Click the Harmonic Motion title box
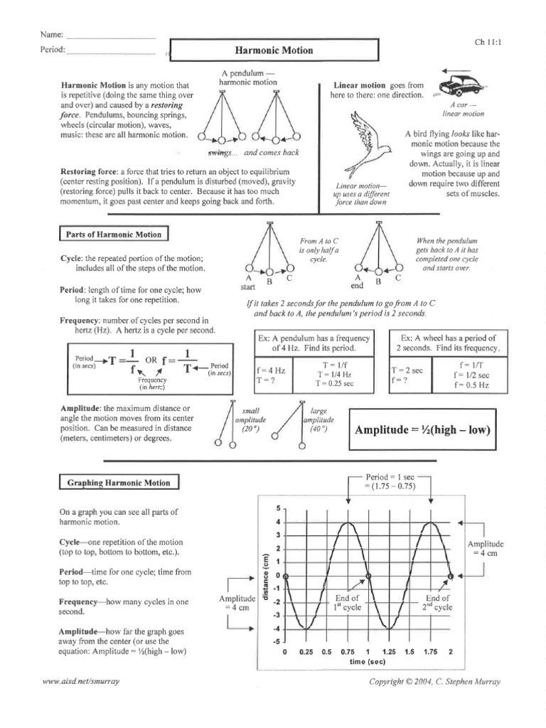point(274,51)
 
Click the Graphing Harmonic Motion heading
point(119,483)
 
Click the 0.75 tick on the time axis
point(348,652)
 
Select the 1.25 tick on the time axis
point(389,652)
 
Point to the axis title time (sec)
point(368,662)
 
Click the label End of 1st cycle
point(347,603)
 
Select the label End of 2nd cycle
point(438,603)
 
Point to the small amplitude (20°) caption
point(252,420)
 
